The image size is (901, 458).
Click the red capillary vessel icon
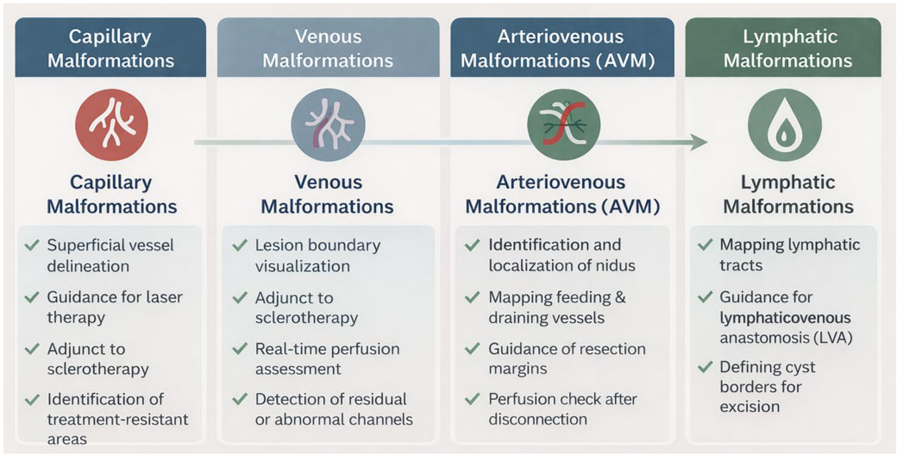click(112, 125)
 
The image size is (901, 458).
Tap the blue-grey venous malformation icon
click(328, 125)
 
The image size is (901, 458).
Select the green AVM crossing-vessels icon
click(564, 125)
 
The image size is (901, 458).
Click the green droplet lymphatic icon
click(785, 125)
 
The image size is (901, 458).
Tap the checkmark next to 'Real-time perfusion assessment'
click(240, 348)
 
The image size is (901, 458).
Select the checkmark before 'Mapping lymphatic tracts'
click(705, 244)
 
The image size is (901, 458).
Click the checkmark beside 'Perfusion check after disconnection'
click(472, 398)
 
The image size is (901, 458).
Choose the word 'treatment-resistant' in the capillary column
click(117, 419)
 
